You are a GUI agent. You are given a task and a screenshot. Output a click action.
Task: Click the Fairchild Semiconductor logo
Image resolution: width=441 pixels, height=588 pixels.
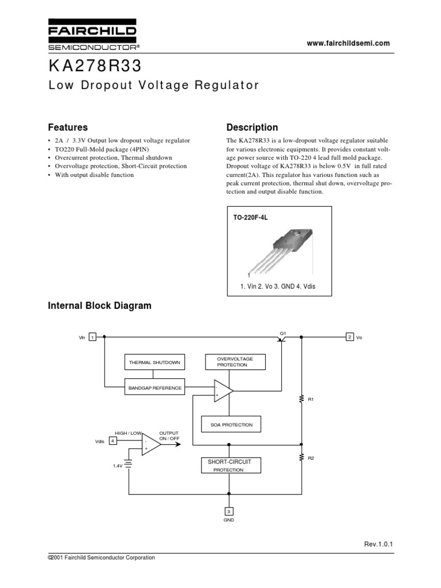click(92, 36)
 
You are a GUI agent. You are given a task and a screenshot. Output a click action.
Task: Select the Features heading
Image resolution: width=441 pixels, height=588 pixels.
click(67, 127)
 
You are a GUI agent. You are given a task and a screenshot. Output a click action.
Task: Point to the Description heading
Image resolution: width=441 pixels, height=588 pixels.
click(252, 127)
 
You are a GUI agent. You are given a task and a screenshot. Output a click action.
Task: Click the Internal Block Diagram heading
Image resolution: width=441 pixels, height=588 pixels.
click(99, 305)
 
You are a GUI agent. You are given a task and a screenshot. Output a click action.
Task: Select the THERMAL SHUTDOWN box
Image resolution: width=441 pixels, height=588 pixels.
click(154, 362)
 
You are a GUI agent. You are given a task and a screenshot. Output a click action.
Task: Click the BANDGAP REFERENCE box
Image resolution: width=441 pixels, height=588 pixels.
click(154, 388)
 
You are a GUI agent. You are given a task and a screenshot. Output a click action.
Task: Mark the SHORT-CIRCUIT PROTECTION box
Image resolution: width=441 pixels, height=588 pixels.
click(229, 465)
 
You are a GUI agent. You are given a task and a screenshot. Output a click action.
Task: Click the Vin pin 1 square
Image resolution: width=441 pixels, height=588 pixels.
click(92, 338)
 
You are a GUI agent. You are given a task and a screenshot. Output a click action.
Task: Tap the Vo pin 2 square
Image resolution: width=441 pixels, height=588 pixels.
click(349, 337)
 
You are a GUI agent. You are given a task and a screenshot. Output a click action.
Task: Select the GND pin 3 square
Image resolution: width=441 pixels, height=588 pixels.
click(229, 511)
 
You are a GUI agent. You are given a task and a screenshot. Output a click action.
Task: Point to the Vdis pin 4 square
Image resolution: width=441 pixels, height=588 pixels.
click(113, 440)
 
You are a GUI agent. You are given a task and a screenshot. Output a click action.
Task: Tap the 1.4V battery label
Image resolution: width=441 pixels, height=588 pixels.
click(118, 466)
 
